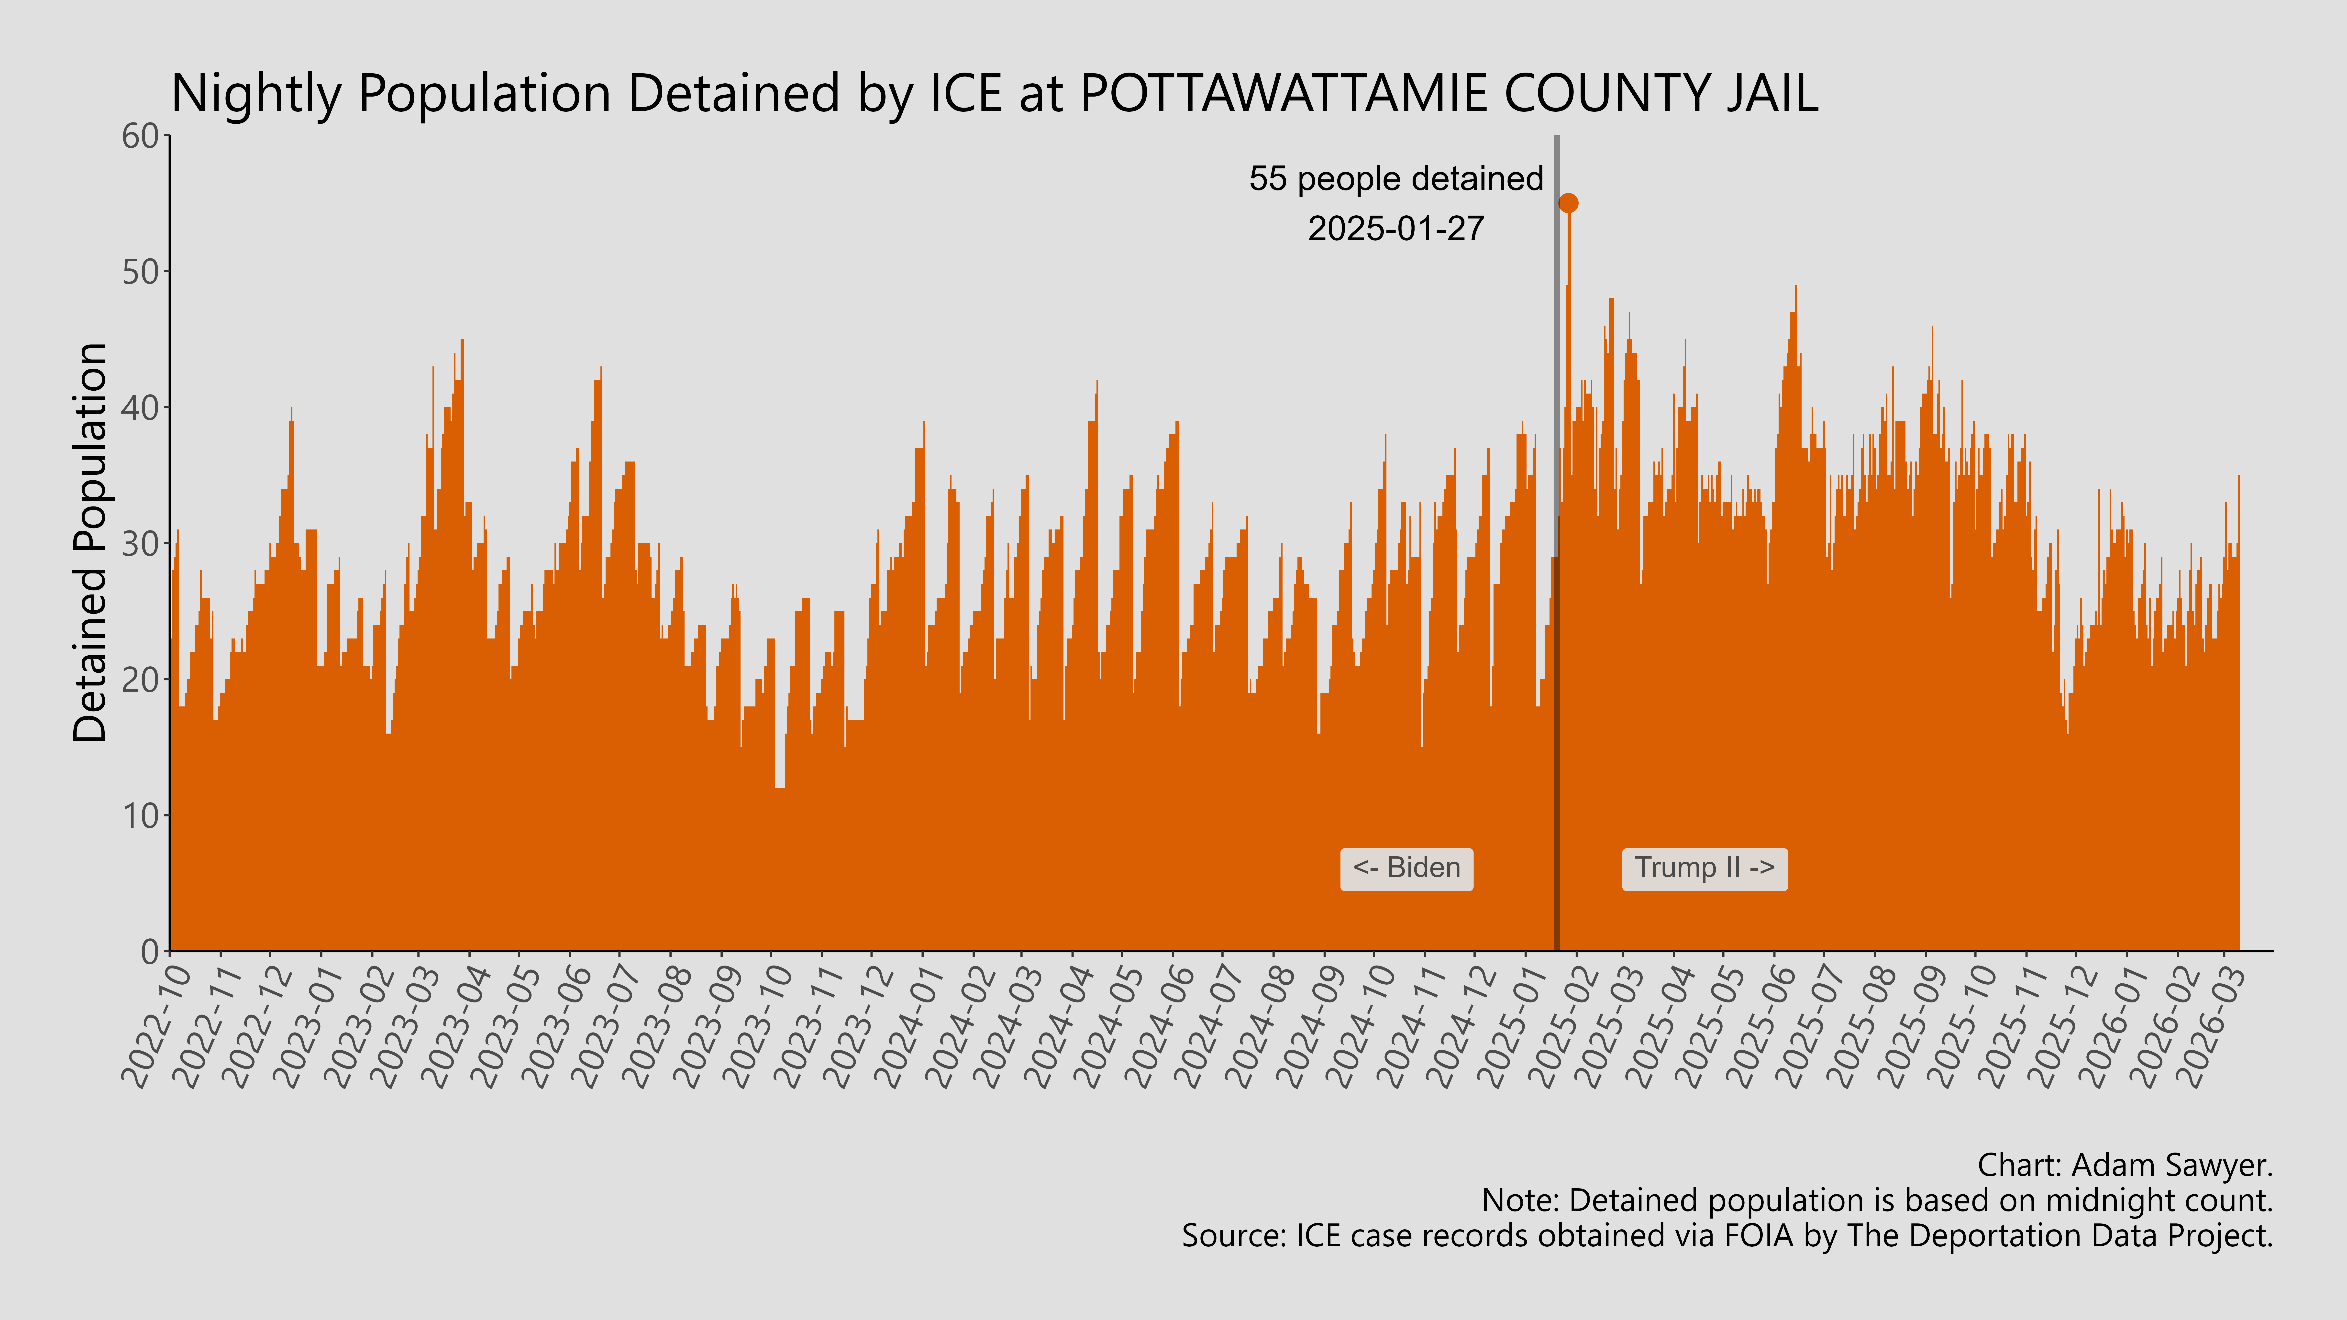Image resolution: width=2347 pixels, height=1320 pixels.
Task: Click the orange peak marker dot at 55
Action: tap(1568, 203)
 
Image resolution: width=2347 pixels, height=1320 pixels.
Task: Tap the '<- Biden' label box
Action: tap(1406, 868)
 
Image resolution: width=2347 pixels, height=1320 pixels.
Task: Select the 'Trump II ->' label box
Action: tap(1704, 868)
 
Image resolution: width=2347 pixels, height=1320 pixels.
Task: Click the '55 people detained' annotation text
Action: tap(1396, 179)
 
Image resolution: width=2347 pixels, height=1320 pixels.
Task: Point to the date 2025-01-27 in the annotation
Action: tap(1396, 229)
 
